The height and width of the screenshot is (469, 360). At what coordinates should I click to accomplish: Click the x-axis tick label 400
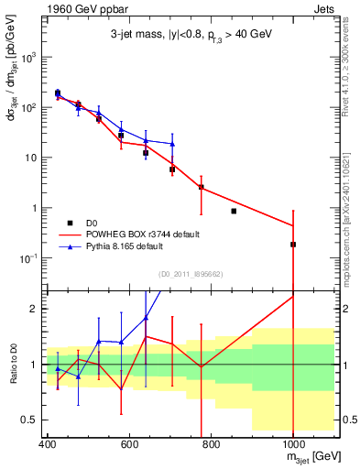click(47, 446)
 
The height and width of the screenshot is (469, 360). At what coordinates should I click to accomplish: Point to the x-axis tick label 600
click(129, 446)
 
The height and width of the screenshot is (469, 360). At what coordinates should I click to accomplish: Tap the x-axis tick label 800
click(211, 446)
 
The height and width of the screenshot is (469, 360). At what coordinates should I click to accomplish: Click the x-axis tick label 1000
click(292, 446)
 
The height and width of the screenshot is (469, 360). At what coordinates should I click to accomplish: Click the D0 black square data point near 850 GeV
click(234, 211)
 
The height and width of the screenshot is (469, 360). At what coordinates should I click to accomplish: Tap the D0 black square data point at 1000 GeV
click(293, 245)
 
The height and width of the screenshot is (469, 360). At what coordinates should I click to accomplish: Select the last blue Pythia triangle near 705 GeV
click(172, 145)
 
